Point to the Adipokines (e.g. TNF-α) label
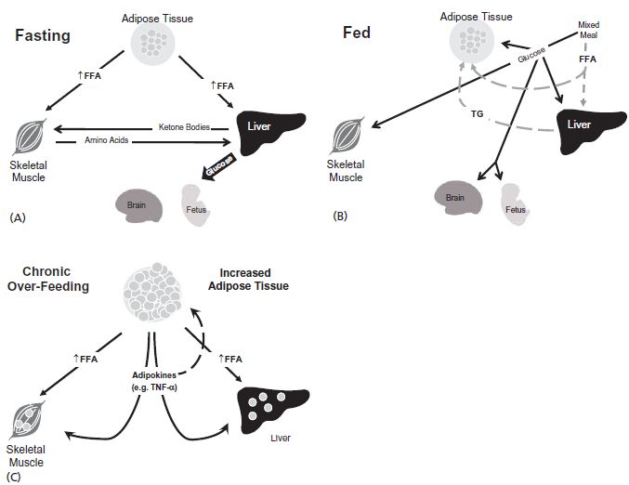tap(153, 380)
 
